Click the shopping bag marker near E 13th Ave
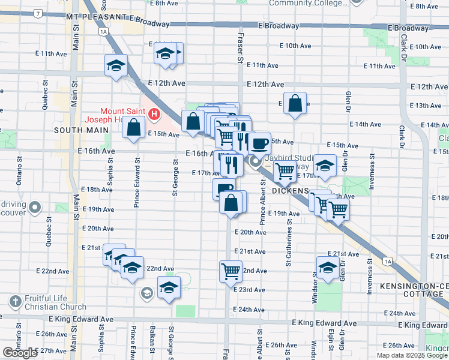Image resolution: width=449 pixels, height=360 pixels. (x=295, y=103)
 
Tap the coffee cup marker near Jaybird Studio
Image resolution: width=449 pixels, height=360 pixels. (x=259, y=143)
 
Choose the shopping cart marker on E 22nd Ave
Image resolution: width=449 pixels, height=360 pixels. (x=231, y=271)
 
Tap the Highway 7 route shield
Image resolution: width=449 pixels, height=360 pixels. (x=38, y=13)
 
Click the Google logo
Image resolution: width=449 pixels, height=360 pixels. (x=20, y=353)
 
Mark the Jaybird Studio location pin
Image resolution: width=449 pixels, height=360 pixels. (x=255, y=161)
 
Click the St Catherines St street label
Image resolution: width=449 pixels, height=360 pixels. (x=289, y=243)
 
